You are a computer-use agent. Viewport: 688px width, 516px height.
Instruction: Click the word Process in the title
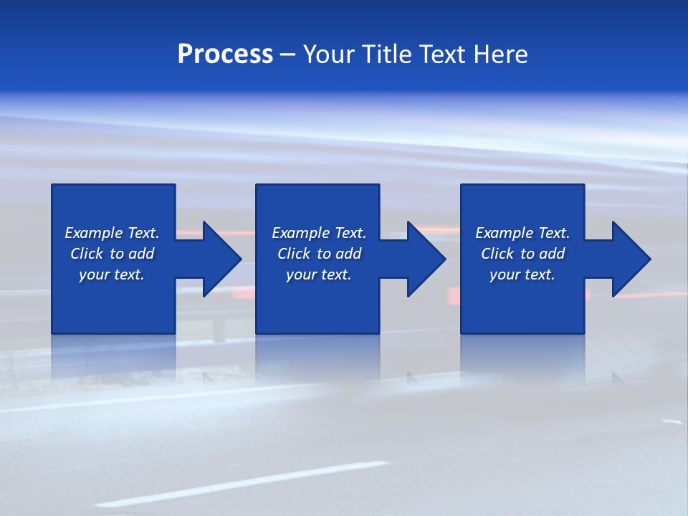(225, 54)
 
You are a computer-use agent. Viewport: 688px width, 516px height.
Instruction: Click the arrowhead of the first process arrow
(222, 259)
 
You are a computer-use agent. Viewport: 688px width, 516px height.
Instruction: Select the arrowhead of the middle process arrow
(426, 259)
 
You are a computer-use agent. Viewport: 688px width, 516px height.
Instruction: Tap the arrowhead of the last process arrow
(631, 259)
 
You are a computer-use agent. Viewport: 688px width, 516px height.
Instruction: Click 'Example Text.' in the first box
(112, 233)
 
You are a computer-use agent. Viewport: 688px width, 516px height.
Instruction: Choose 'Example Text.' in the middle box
(319, 233)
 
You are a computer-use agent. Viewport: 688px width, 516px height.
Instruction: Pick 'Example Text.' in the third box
(522, 233)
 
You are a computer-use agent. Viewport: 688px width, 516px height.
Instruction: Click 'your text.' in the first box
(112, 274)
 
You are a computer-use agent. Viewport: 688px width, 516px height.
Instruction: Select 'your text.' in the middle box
(319, 274)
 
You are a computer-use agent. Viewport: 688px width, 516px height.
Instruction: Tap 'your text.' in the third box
(522, 274)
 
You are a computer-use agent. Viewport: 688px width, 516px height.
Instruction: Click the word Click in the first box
(87, 254)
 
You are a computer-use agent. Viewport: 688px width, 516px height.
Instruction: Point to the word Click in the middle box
(294, 254)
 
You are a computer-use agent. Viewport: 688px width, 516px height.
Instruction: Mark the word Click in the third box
(497, 254)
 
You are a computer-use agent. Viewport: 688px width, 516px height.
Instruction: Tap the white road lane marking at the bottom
(244, 484)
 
